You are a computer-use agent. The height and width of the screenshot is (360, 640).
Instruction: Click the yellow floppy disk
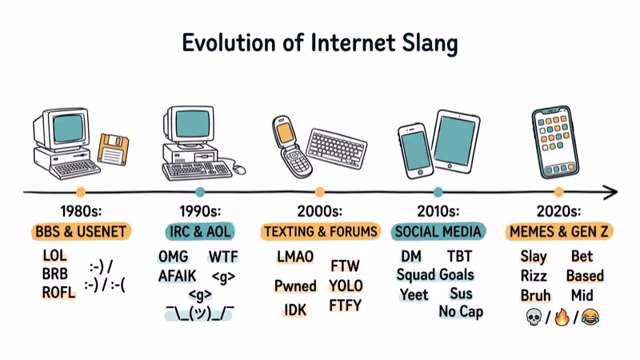pyautogui.click(x=113, y=150)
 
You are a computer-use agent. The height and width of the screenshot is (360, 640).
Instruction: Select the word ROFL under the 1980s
pyautogui.click(x=58, y=292)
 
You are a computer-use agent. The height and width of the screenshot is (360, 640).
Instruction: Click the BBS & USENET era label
pyautogui.click(x=82, y=232)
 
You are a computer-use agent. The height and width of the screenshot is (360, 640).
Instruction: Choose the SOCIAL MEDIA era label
pyautogui.click(x=438, y=232)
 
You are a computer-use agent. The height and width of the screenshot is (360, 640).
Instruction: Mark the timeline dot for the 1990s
pyautogui.click(x=199, y=192)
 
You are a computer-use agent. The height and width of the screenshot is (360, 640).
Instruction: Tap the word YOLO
pyautogui.click(x=346, y=286)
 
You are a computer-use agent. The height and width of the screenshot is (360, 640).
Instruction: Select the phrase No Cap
pyautogui.click(x=461, y=311)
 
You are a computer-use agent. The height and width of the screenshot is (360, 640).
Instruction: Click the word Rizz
pyautogui.click(x=534, y=275)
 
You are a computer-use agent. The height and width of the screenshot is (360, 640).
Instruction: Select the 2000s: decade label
pyautogui.click(x=319, y=211)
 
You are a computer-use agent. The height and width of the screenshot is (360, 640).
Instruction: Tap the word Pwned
pyautogui.click(x=294, y=286)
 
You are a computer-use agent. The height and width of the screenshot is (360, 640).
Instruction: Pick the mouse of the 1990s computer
pyautogui.click(x=238, y=168)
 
